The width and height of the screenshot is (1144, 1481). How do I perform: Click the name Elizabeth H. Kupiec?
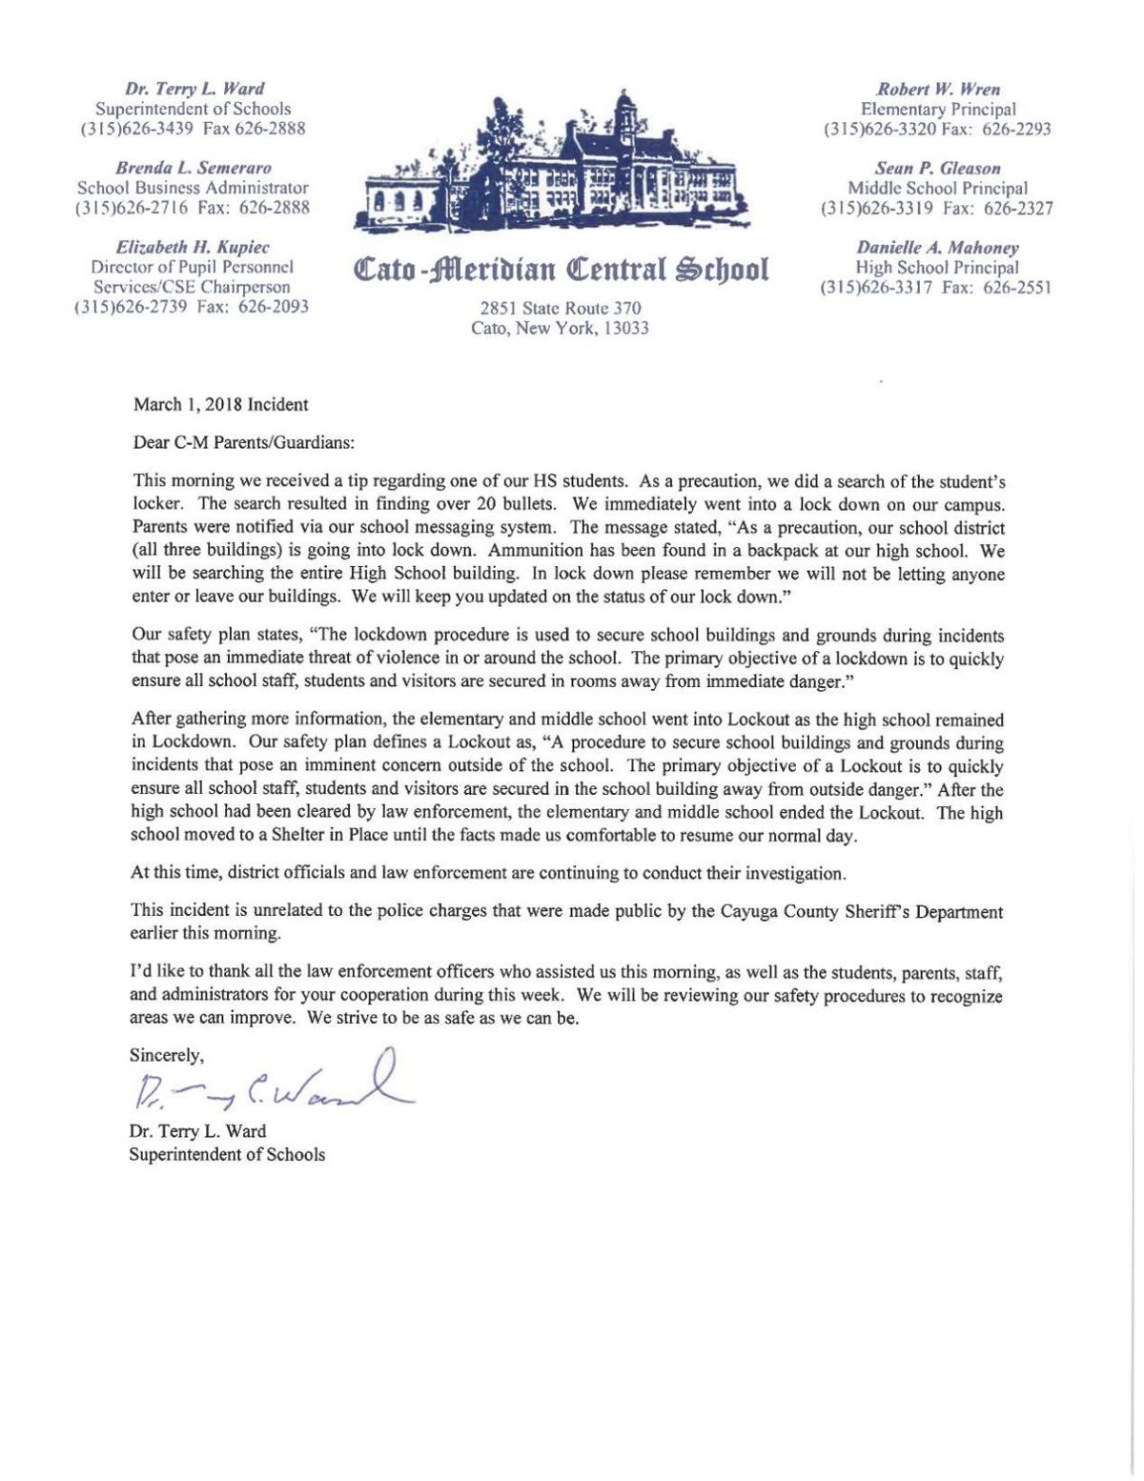(x=192, y=248)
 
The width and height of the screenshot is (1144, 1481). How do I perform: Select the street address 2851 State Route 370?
(x=561, y=308)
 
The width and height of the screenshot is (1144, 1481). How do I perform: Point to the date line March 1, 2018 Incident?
(x=220, y=404)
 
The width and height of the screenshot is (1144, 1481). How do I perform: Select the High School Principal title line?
(x=937, y=268)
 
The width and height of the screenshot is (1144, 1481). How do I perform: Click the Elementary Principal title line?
(x=937, y=110)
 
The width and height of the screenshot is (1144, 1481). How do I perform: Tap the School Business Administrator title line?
(x=192, y=189)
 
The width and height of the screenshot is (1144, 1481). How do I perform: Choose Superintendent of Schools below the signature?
(x=227, y=1154)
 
